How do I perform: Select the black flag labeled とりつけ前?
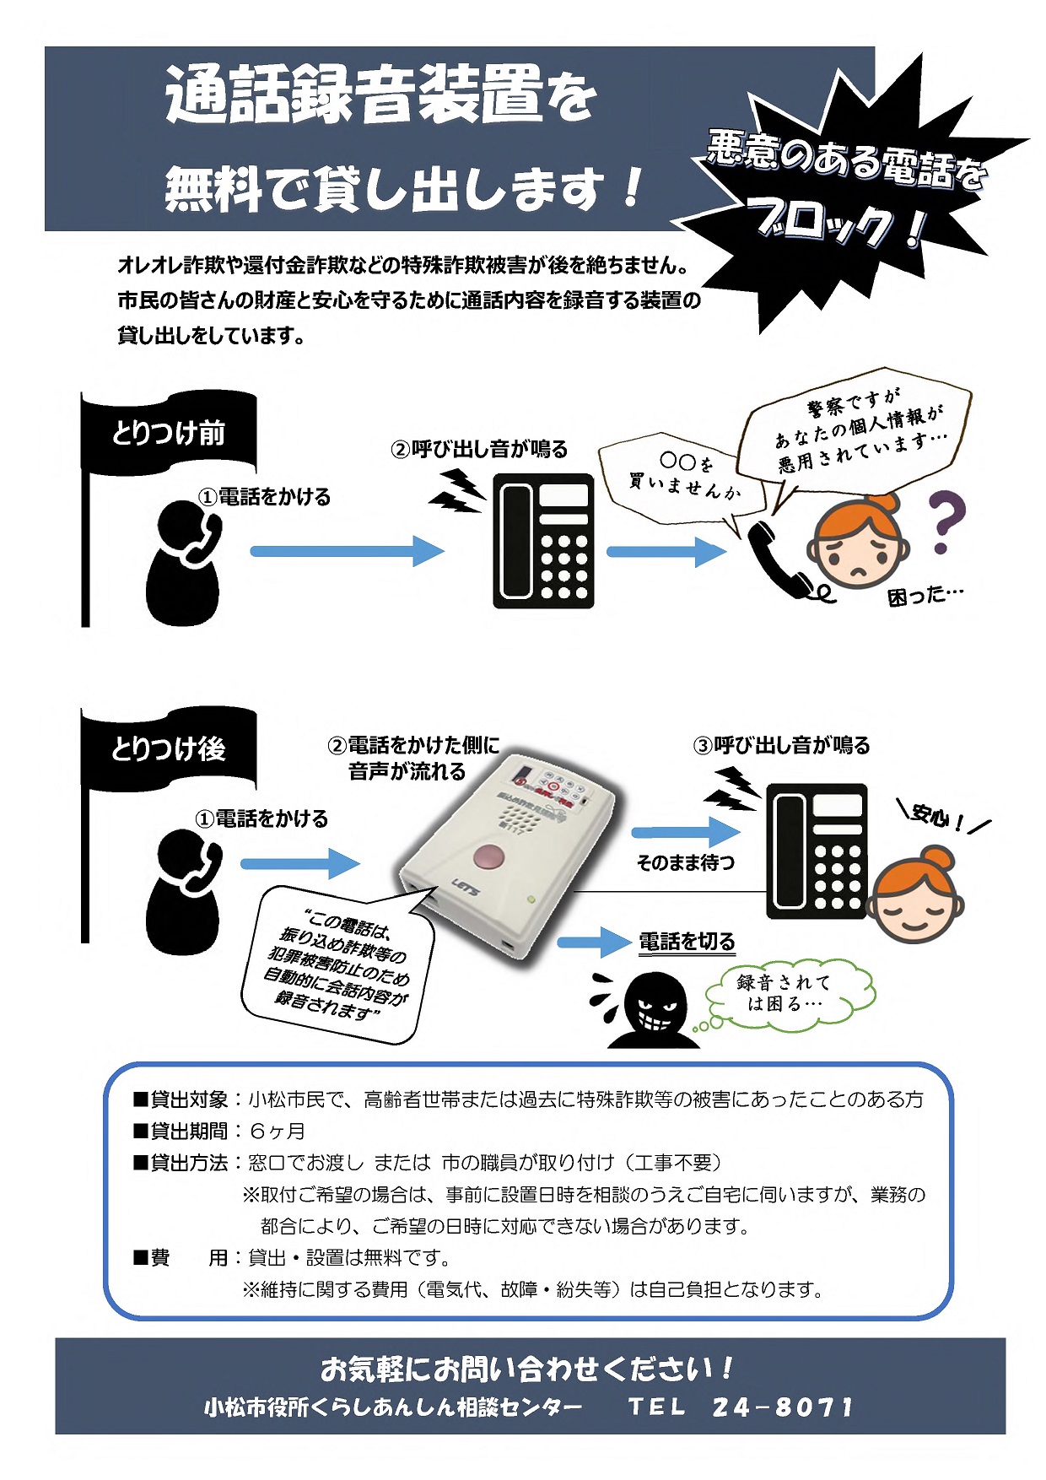(x=169, y=433)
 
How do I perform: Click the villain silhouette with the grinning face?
(x=653, y=1011)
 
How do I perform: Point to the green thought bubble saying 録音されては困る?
(x=786, y=994)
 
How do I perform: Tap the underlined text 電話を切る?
(x=687, y=942)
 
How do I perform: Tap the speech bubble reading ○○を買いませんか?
(x=682, y=478)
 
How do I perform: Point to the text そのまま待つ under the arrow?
(x=685, y=862)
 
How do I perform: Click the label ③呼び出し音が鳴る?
(x=781, y=745)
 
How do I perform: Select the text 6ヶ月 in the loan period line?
(x=277, y=1131)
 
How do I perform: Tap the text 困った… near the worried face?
(x=925, y=596)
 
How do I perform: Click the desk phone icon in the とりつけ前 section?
(x=543, y=541)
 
